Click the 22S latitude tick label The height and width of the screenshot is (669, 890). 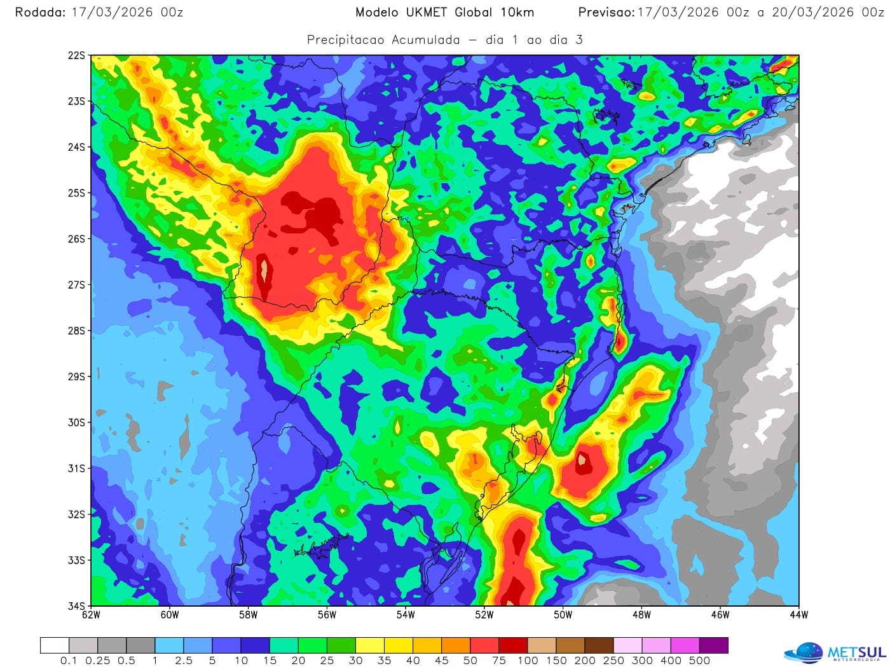coord(76,56)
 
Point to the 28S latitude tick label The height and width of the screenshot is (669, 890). coord(76,331)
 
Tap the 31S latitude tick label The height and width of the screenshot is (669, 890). coord(76,469)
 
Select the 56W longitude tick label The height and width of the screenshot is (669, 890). coord(327,615)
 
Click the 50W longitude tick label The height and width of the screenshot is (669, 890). coord(563,615)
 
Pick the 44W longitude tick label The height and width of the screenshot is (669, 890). coord(798,615)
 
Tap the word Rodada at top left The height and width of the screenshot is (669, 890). coord(40,12)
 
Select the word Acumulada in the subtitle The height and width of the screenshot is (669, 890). coord(425,40)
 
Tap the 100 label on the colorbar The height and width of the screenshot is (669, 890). coord(527,661)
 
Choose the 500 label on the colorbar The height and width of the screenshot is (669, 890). coord(699,661)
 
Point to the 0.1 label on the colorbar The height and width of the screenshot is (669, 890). coord(69,661)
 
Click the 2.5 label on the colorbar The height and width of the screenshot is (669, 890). coord(184,661)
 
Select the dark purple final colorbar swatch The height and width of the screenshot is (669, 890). coord(713,645)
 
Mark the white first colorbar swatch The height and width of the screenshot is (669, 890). coord(55,645)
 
